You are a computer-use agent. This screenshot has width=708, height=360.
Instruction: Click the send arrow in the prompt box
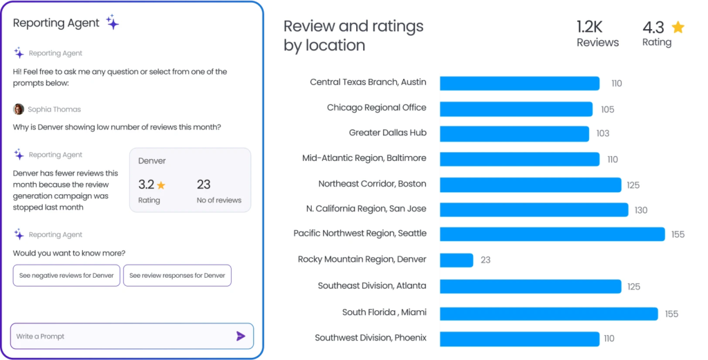(241, 336)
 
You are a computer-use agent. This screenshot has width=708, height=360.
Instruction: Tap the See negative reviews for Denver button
(66, 276)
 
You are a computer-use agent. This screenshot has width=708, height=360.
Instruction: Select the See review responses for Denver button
(177, 276)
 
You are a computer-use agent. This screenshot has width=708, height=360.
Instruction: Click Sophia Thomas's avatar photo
(19, 109)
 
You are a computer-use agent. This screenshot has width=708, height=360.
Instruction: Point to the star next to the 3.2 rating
(161, 185)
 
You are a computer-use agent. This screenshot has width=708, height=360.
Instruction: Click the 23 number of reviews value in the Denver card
(203, 184)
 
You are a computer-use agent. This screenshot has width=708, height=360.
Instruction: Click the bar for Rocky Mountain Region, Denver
(456, 260)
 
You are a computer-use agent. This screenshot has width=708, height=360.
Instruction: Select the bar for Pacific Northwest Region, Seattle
(552, 234)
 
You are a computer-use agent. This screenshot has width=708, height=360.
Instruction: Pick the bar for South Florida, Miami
(548, 314)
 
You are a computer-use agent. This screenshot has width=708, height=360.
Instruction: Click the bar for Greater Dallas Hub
(514, 133)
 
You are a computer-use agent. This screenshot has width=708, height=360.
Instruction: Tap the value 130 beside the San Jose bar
(641, 210)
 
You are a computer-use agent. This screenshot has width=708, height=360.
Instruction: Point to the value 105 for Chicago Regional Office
(607, 109)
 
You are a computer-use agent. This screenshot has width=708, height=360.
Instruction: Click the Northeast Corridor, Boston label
(372, 184)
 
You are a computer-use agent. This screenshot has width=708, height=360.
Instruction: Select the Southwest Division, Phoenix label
(371, 338)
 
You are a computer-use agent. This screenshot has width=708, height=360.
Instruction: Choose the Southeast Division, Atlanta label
(372, 285)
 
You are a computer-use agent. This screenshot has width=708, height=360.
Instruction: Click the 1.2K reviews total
(590, 27)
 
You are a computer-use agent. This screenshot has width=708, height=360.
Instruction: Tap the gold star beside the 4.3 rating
(678, 27)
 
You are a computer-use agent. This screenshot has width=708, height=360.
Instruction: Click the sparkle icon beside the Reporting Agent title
(113, 23)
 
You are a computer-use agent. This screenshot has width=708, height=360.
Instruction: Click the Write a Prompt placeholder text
(40, 337)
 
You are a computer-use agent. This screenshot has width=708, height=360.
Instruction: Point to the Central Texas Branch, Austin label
(368, 82)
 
